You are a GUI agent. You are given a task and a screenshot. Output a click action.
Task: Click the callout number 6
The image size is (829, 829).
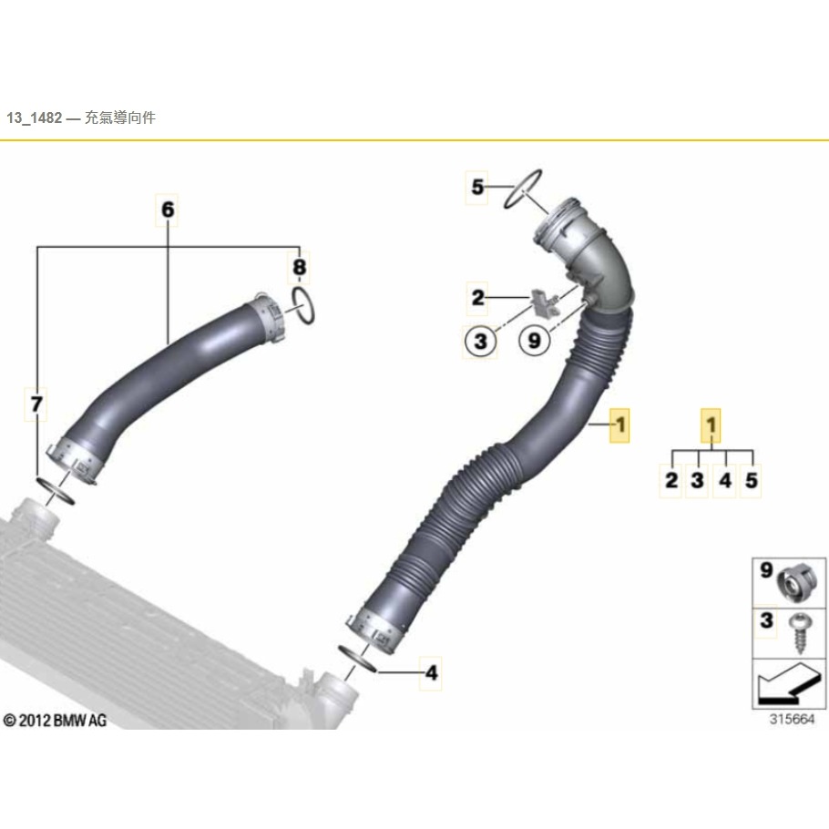[167, 210]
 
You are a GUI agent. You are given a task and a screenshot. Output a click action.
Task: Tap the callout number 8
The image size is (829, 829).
[299, 267]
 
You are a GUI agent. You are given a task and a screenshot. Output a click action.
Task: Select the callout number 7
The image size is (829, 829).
[36, 404]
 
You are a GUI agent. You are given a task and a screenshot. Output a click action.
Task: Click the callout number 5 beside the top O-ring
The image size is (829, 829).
[477, 187]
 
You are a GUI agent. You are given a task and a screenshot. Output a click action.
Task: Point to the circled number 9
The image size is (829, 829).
[535, 340]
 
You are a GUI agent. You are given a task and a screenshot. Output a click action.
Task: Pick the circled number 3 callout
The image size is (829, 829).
[480, 341]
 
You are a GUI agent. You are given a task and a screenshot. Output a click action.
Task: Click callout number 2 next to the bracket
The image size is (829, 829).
[477, 298]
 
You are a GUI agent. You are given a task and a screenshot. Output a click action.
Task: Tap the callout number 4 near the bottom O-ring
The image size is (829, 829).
[432, 673]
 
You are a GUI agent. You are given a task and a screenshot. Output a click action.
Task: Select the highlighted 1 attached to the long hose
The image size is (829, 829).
[619, 425]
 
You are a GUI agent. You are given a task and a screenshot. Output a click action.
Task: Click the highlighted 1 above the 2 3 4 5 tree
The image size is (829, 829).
[711, 425]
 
